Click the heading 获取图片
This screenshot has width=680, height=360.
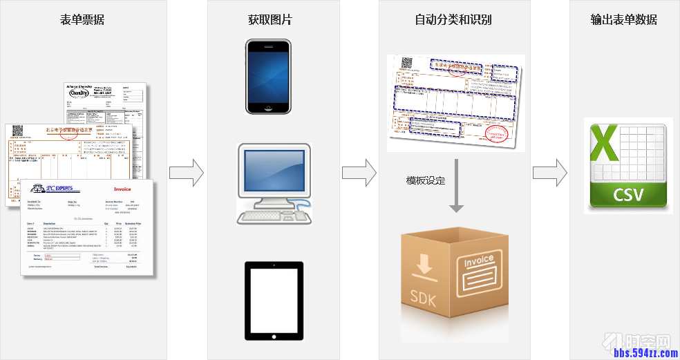point(270,19)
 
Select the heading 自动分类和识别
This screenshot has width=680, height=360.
point(453,19)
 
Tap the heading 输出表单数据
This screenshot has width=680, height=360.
point(624,19)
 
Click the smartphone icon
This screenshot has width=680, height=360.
point(269,76)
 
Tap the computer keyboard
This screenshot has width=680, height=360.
point(266,217)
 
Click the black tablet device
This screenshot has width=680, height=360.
point(274,301)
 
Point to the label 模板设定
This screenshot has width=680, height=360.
point(426,180)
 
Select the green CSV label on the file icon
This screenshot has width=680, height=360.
point(628,195)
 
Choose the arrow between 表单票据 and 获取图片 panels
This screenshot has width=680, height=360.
point(187,173)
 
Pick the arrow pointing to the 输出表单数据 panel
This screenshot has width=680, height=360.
point(549,173)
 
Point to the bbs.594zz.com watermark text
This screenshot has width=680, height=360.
point(645,353)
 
